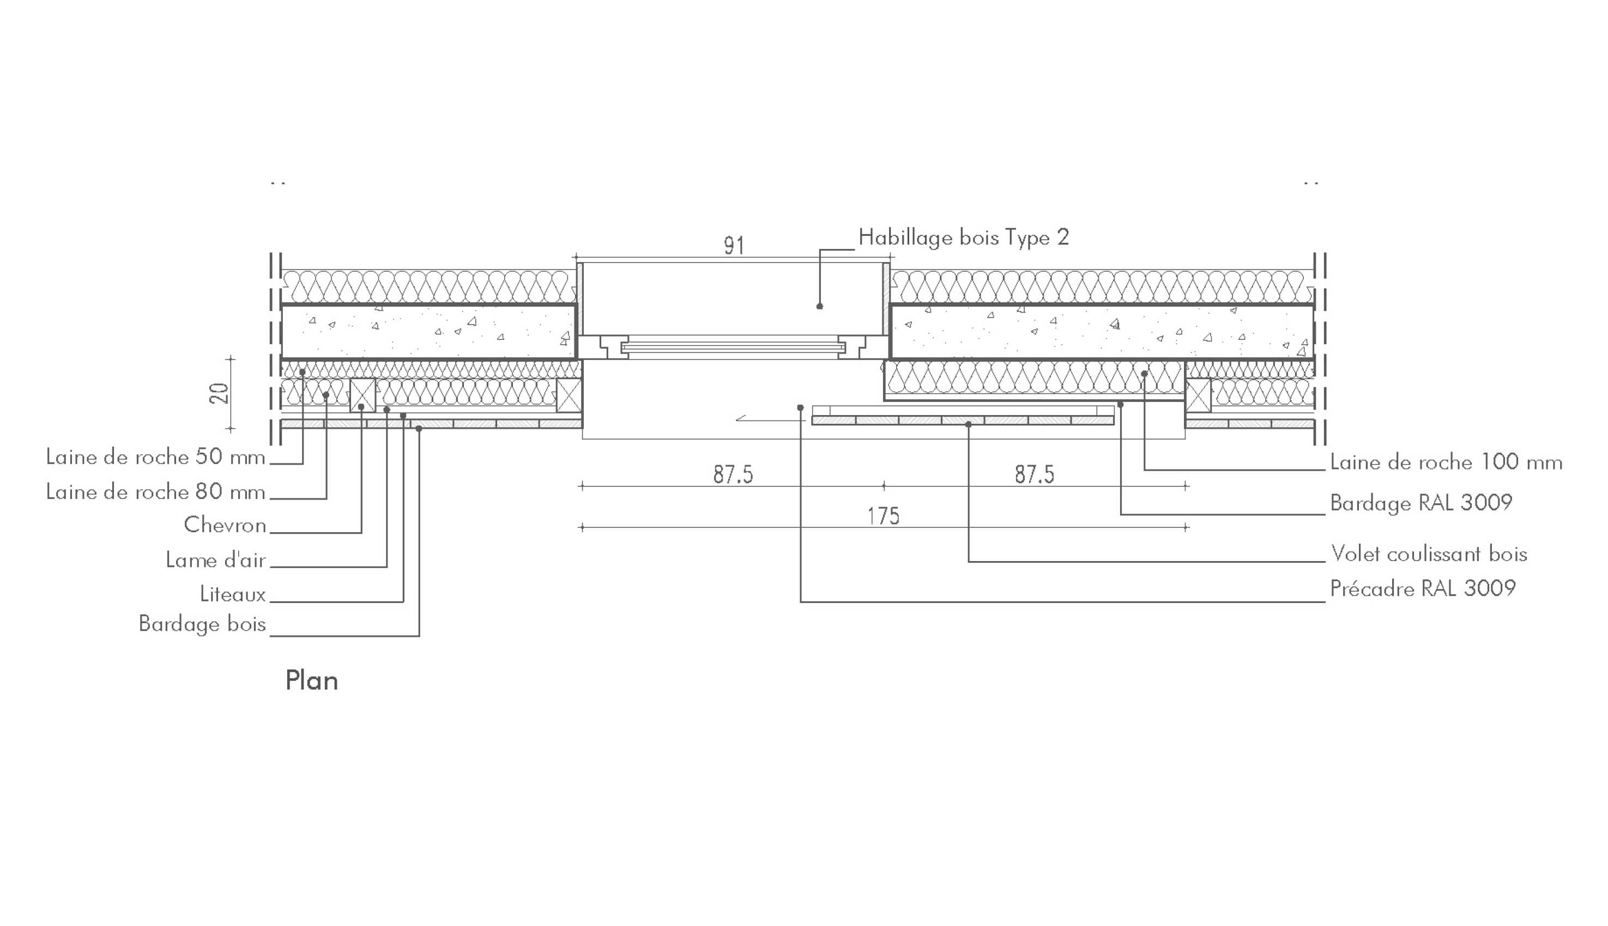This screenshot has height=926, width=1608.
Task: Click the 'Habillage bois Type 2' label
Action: click(963, 238)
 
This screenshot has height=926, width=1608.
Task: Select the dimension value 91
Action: click(734, 246)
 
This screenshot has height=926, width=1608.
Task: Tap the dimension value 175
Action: click(883, 516)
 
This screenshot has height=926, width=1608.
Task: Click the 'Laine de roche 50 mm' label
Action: click(155, 457)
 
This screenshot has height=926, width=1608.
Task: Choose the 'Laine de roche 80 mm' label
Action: click(155, 492)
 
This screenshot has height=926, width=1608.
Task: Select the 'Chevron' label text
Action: click(225, 525)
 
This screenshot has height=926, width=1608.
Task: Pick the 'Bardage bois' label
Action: click(202, 624)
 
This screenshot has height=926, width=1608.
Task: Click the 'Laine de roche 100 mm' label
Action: click(1446, 462)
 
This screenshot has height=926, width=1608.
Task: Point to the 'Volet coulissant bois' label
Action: click(1429, 554)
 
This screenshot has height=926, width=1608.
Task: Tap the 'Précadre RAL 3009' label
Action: click(1423, 589)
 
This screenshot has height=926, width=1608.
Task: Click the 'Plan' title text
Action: click(311, 681)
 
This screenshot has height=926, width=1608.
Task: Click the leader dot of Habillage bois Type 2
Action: click(820, 307)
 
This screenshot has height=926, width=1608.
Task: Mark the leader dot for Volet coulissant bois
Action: click(969, 424)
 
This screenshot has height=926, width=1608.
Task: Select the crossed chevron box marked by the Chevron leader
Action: click(362, 395)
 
